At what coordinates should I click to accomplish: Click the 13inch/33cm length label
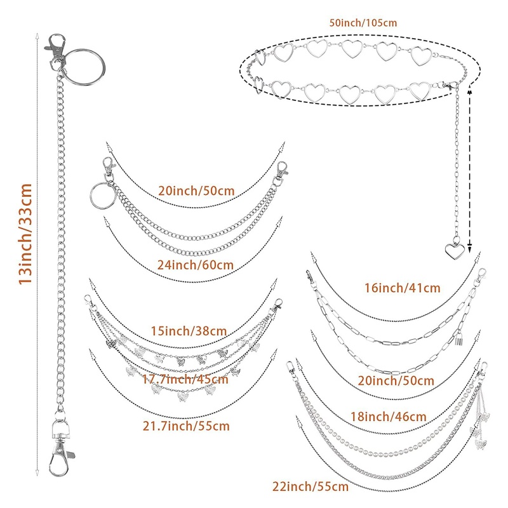point(25,234)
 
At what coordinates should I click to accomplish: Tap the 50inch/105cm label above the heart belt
point(363,23)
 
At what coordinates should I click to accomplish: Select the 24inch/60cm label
point(196,264)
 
